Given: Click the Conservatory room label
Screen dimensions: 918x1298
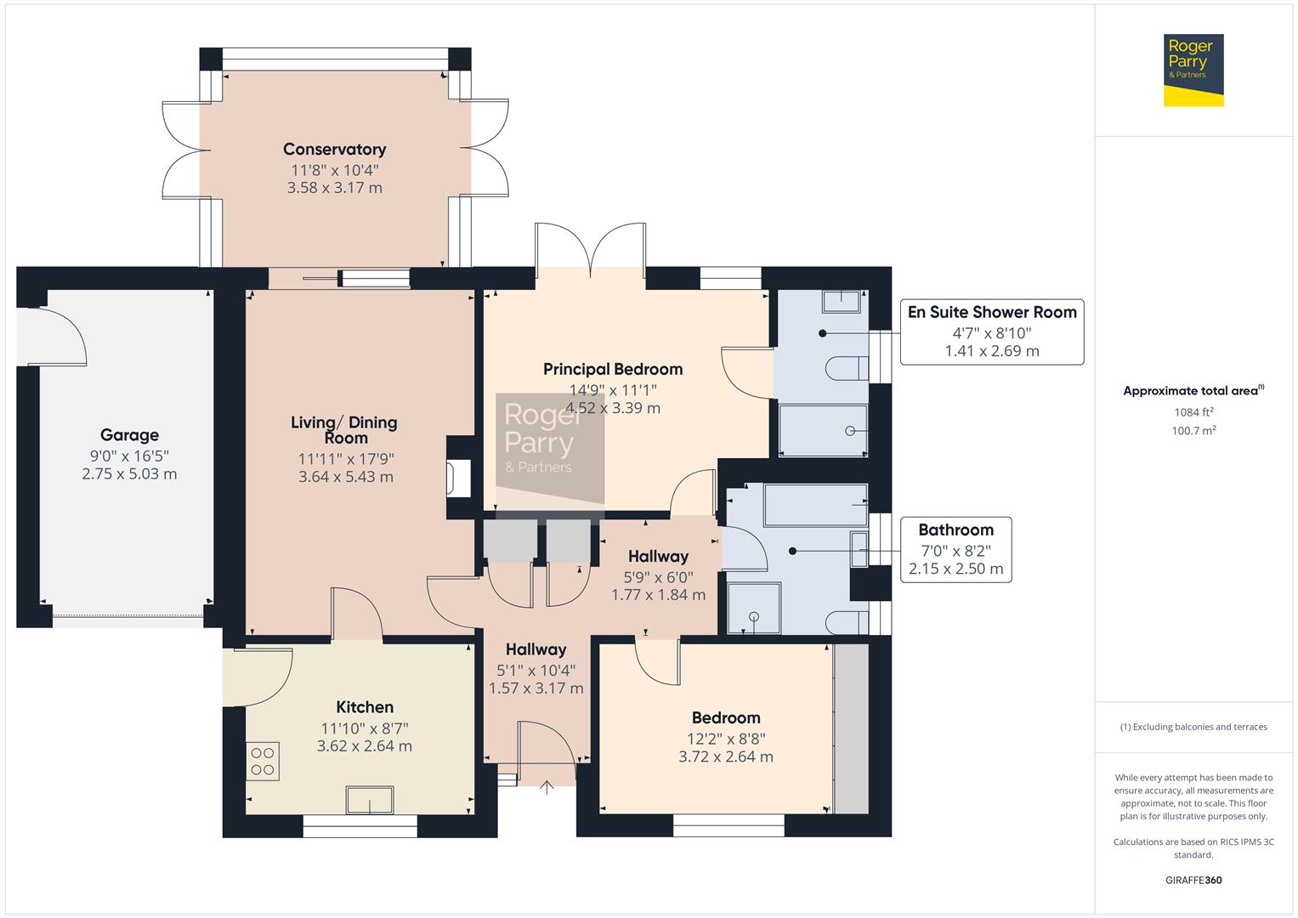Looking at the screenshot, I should coord(334,150).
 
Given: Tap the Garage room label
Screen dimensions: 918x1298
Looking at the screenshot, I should coord(129,435).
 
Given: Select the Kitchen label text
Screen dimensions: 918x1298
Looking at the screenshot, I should coord(365,707).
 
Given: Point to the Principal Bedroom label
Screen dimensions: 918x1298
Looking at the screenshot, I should coord(612,369).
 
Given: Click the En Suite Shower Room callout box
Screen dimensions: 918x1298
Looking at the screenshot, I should coord(991,331).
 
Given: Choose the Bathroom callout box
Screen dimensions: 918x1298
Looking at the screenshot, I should coord(955,549).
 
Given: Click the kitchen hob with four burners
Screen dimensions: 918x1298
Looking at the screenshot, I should coord(263,762).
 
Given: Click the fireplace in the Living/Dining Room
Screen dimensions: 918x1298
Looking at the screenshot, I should coord(460,478).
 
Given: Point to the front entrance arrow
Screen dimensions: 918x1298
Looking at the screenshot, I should coord(547,787).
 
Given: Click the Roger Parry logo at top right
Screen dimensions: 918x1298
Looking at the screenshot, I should coord(1193,70).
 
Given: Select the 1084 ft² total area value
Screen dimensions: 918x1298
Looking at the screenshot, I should coord(1193,412).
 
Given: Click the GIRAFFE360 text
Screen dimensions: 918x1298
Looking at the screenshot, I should coord(1193,880).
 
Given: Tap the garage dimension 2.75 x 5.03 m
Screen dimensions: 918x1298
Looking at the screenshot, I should coord(129,474).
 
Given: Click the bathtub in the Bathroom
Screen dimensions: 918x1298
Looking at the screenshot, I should coord(816,506).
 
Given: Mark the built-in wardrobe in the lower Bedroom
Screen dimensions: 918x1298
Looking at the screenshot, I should coord(851,728).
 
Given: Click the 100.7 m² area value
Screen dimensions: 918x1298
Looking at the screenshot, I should coord(1193,431).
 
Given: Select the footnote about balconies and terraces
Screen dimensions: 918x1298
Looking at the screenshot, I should coord(1193,727).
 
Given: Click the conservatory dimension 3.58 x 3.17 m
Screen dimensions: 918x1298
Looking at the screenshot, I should coord(334,188).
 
